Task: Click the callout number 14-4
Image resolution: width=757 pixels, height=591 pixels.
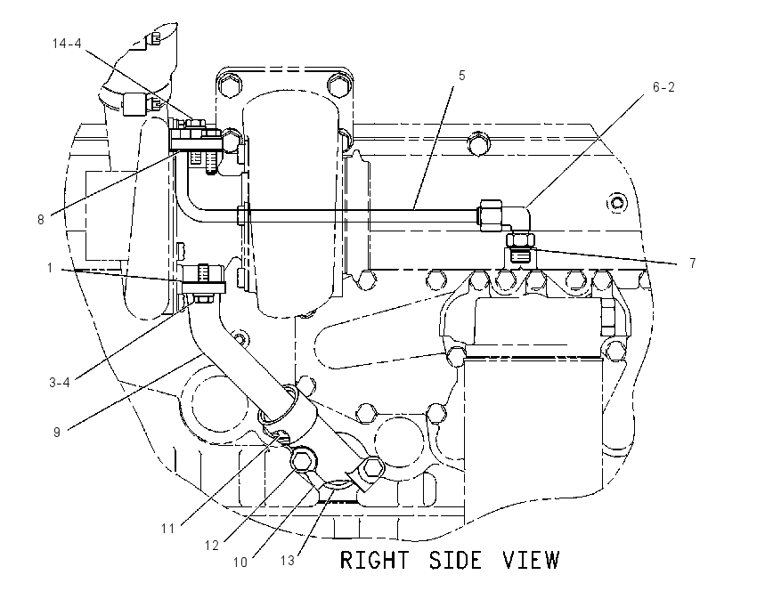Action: (x=67, y=44)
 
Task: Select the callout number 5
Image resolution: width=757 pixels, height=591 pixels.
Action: (x=461, y=76)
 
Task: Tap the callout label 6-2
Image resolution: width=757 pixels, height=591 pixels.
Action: (x=663, y=87)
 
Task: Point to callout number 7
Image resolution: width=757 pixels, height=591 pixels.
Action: (x=693, y=263)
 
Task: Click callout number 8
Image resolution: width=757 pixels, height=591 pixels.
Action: (x=41, y=220)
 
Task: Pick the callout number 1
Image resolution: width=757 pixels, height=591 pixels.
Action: (x=50, y=267)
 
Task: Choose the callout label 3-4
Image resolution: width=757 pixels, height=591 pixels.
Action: (x=60, y=383)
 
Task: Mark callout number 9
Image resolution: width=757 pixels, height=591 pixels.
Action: (x=57, y=432)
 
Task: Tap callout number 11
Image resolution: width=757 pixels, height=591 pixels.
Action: (x=167, y=529)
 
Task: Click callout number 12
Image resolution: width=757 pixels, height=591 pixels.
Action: (x=212, y=546)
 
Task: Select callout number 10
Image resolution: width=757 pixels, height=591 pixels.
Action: (x=240, y=562)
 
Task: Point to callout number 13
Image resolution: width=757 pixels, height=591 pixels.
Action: (x=288, y=561)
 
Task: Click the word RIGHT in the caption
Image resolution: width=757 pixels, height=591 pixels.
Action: (x=374, y=560)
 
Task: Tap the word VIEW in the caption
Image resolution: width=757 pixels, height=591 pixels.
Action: (x=531, y=560)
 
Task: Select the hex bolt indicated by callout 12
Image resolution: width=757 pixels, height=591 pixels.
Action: (x=303, y=461)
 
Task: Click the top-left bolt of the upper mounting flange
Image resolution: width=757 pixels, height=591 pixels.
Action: (x=228, y=85)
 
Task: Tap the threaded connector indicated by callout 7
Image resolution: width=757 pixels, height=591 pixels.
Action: (x=520, y=247)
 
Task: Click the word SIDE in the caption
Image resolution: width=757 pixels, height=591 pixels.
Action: (x=455, y=560)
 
